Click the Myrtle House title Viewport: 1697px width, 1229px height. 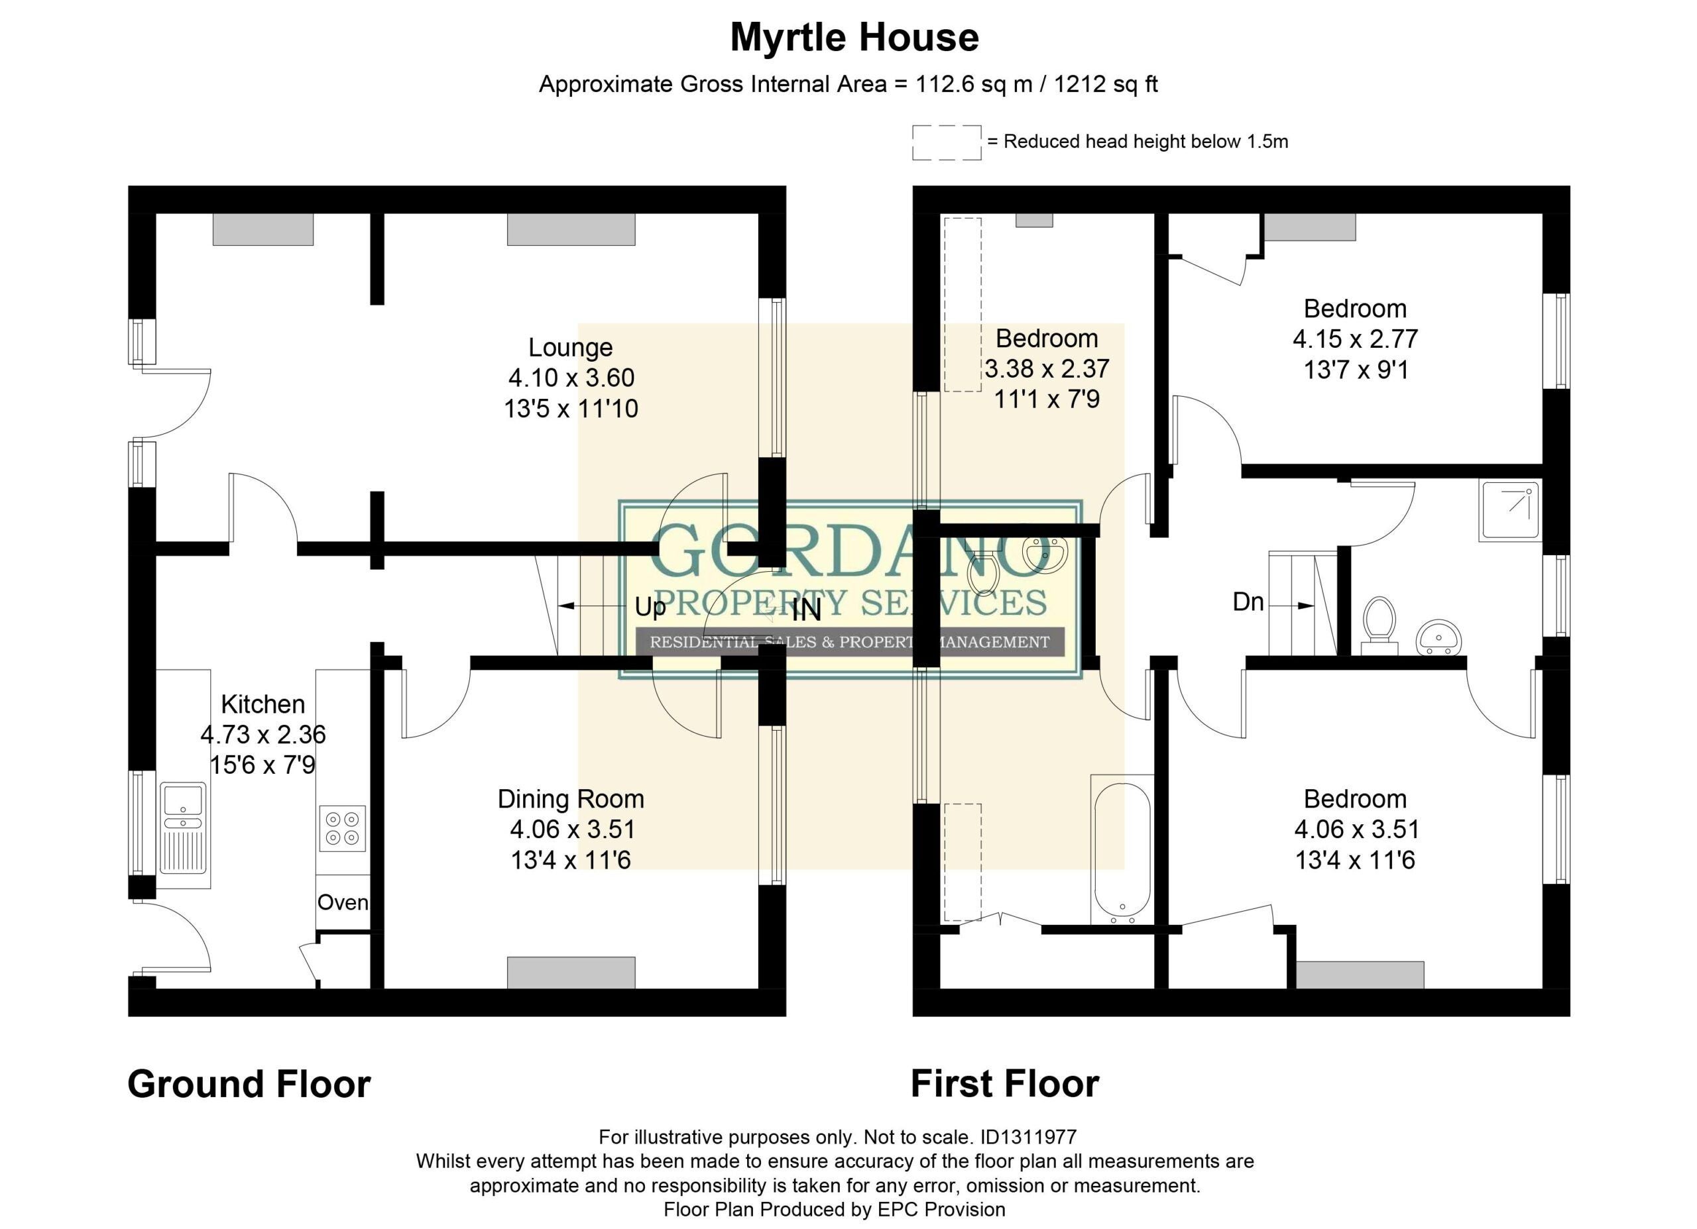tap(854, 37)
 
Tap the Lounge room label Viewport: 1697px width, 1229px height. tap(570, 347)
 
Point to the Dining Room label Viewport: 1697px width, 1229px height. tap(570, 800)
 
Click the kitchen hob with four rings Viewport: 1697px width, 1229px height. tap(343, 828)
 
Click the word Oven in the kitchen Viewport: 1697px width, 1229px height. tap(343, 902)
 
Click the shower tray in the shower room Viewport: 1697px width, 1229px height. tap(1510, 511)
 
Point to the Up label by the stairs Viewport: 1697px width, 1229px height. tap(650, 607)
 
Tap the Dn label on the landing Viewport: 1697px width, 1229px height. tap(1248, 602)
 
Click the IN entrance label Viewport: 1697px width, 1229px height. tap(806, 610)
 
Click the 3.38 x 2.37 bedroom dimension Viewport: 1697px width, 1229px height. tap(1046, 369)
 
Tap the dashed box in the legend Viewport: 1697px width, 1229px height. tap(947, 142)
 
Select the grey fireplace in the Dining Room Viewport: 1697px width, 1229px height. tap(571, 973)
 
